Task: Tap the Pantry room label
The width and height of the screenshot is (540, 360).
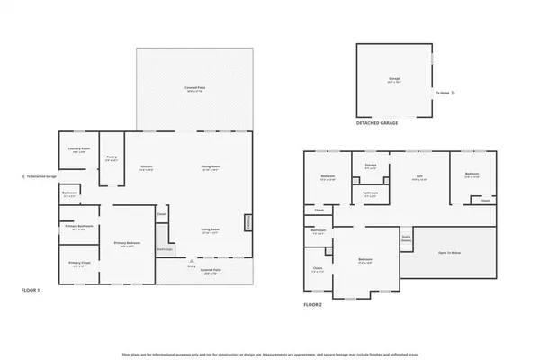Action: [x=112, y=158]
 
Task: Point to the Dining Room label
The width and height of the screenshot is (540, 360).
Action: [x=210, y=168]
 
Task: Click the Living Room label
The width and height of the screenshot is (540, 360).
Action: [x=211, y=229]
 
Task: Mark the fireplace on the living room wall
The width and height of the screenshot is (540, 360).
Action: [x=249, y=224]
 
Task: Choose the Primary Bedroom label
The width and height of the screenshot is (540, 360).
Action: [x=126, y=244]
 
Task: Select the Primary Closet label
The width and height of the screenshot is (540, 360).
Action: [x=79, y=264]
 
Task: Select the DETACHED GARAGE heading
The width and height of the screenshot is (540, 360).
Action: [x=376, y=122]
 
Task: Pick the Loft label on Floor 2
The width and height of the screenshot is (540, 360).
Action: [x=418, y=175]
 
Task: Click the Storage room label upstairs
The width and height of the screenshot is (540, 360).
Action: [x=370, y=166]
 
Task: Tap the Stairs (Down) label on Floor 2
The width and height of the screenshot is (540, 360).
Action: [x=406, y=238]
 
